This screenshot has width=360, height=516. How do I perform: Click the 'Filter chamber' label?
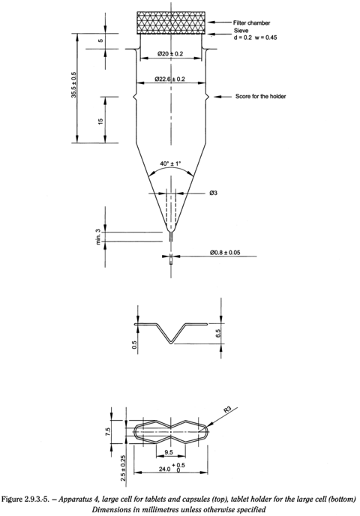tap(251, 22)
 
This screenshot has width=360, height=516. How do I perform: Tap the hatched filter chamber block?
tap(171, 22)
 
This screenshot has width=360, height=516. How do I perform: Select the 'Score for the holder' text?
tap(260, 97)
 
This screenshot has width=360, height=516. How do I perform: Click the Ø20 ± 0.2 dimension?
tap(170, 54)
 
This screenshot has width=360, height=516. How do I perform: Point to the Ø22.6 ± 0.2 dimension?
tap(169, 79)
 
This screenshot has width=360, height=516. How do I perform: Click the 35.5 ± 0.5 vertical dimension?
tap(73, 85)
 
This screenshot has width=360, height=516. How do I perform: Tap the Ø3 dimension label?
tap(213, 193)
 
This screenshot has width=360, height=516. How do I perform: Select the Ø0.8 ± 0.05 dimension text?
tap(225, 253)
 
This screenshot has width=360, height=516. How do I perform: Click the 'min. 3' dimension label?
tap(97, 236)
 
